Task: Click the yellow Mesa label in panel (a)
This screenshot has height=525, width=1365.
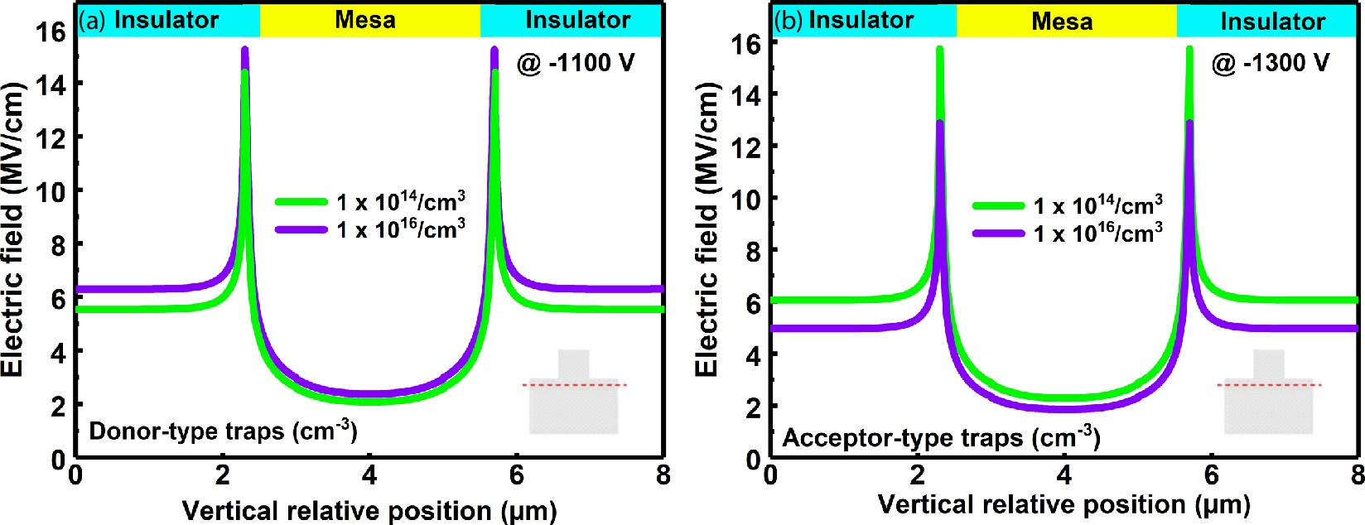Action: point(365,20)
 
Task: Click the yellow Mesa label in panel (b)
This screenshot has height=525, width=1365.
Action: point(1062,22)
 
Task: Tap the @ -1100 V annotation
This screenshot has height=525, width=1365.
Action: point(576,63)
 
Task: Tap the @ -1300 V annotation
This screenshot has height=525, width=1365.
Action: point(1271,63)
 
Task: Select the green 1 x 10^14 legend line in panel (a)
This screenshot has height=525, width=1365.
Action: point(301,201)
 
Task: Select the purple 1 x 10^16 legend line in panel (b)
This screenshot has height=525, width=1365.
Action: point(999,234)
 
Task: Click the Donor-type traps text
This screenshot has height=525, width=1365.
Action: point(223,431)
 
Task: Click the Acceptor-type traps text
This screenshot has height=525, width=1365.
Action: point(941,437)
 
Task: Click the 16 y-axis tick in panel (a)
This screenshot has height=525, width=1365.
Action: point(50,31)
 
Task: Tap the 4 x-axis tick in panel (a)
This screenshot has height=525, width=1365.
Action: point(369,475)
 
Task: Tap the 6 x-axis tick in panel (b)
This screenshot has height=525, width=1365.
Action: point(1211,475)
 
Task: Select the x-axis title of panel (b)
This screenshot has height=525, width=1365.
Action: point(1064,504)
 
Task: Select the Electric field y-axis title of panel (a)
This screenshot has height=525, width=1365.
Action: point(13,228)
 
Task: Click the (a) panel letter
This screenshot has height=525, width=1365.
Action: point(92,20)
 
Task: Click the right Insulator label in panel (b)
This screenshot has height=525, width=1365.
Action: point(1272,22)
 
